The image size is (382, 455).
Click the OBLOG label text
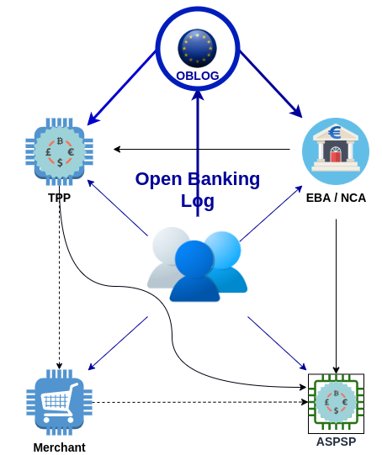tap(198, 76)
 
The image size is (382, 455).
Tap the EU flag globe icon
tap(197, 48)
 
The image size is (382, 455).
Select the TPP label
tap(59, 198)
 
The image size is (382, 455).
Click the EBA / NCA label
tap(336, 198)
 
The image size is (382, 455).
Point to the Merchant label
tap(59, 447)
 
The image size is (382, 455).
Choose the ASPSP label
tap(336, 442)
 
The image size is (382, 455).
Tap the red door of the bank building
tap(336, 156)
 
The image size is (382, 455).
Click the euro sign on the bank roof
tap(335, 132)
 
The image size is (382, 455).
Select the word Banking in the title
tap(224, 179)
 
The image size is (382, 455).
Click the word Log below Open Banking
tap(198, 201)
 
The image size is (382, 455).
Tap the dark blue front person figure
tap(194, 271)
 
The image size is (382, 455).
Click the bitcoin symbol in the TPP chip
tap(60, 141)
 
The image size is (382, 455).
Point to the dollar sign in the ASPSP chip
tap(336, 410)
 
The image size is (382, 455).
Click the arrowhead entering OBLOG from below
tap(198, 95)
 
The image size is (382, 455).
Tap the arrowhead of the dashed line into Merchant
tap(60, 366)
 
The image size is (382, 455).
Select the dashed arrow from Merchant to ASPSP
tap(200, 402)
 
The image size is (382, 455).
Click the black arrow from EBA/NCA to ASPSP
tap(336, 296)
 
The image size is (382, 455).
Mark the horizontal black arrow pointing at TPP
tap(202, 150)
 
